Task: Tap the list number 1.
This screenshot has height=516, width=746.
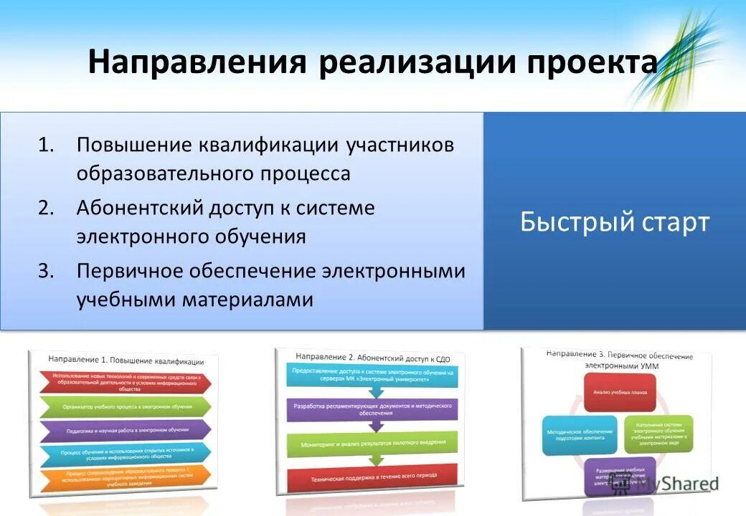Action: tap(46, 145)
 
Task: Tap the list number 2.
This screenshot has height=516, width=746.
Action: tap(46, 209)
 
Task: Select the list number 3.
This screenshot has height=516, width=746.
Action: tap(46, 272)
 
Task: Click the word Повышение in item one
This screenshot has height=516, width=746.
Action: tap(134, 145)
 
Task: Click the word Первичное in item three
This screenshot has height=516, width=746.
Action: tap(131, 272)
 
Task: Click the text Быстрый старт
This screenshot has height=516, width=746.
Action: tap(614, 222)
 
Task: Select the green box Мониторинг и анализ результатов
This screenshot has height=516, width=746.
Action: tap(372, 444)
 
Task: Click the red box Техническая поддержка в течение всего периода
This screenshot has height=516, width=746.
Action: tap(372, 476)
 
